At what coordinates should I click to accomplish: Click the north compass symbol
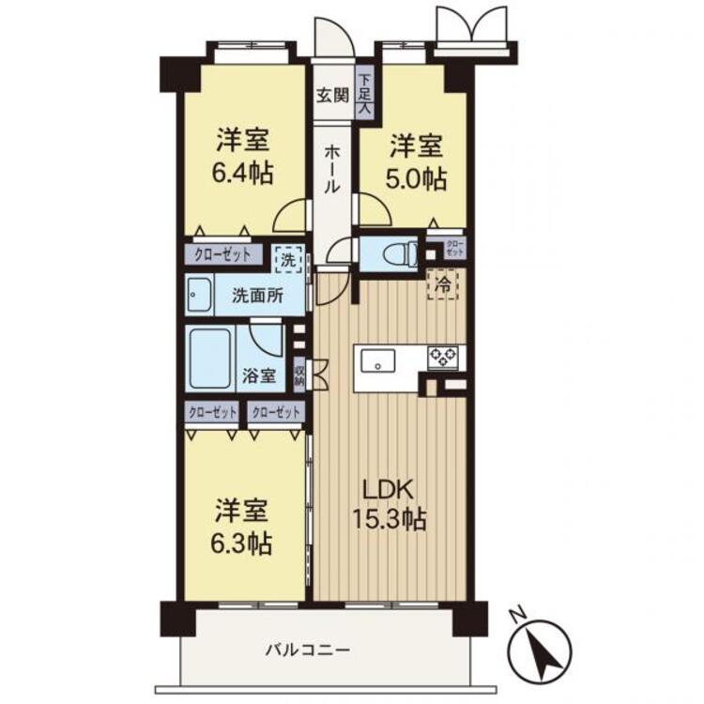pyautogui.click(x=542, y=649)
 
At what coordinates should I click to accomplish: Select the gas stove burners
pyautogui.click(x=443, y=356)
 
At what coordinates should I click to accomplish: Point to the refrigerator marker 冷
pyautogui.click(x=442, y=283)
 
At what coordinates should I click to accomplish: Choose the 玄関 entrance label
pyautogui.click(x=331, y=94)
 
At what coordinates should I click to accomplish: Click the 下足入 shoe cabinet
pyautogui.click(x=365, y=95)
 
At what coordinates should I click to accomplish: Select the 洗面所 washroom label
pyautogui.click(x=257, y=295)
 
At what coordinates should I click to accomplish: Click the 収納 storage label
pyautogui.click(x=298, y=375)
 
